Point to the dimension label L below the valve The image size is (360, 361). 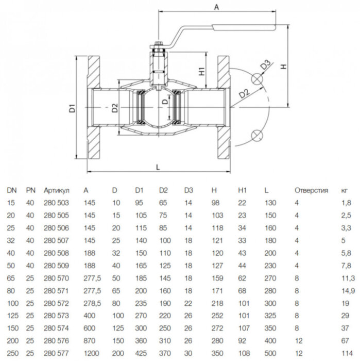[158, 166]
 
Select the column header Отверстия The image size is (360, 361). [311, 190]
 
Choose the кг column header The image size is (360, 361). [345, 190]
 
